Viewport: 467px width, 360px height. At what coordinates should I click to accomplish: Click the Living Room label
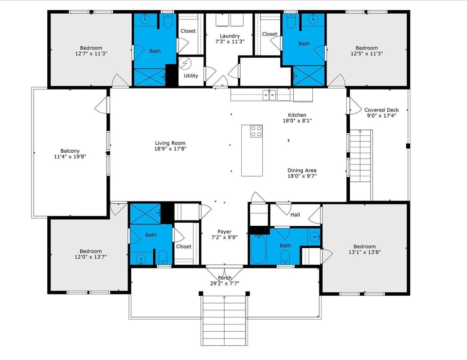point(167,143)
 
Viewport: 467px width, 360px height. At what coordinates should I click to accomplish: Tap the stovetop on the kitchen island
point(256,131)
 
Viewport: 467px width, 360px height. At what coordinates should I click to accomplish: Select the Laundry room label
point(230,36)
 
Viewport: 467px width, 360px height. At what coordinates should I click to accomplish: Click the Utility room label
point(191,76)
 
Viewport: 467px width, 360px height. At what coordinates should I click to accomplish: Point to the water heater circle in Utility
point(185,64)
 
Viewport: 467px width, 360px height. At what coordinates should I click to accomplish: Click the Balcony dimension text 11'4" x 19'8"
point(70,157)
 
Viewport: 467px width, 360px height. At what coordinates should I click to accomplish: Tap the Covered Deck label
point(381,110)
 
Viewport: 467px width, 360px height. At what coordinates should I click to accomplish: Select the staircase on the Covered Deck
point(361,156)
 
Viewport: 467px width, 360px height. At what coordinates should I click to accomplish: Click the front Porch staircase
point(224,319)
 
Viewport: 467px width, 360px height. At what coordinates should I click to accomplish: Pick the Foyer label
point(224,232)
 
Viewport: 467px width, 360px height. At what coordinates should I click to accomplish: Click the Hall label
point(295,215)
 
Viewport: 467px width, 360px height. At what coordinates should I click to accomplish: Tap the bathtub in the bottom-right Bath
point(258,249)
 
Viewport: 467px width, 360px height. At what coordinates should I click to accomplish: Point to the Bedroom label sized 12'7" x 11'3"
point(91,48)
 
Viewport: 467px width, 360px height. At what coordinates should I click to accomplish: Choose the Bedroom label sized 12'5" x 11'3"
point(366,48)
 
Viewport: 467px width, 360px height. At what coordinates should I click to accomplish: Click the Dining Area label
point(302,170)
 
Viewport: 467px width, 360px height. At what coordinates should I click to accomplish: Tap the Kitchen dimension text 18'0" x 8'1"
point(297,121)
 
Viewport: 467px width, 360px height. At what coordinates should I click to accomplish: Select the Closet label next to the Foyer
point(183,246)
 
